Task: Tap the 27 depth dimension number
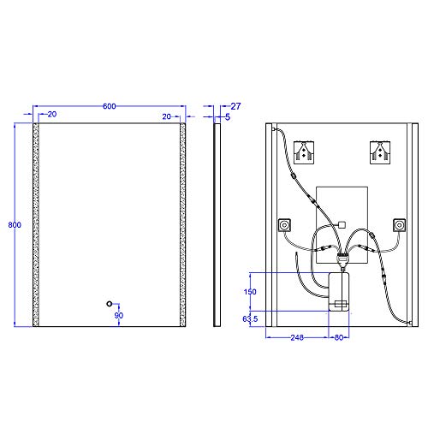point(236,106)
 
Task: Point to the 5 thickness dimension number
point(228,117)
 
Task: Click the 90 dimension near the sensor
point(119,315)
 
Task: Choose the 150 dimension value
point(250,291)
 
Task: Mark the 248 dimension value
point(297,337)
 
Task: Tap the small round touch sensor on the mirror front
point(109,303)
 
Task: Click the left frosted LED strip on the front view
point(36,224)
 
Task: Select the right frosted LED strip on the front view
point(182,224)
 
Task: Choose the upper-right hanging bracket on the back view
point(380,152)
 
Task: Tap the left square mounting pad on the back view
point(285,226)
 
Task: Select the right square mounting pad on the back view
point(398,226)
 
